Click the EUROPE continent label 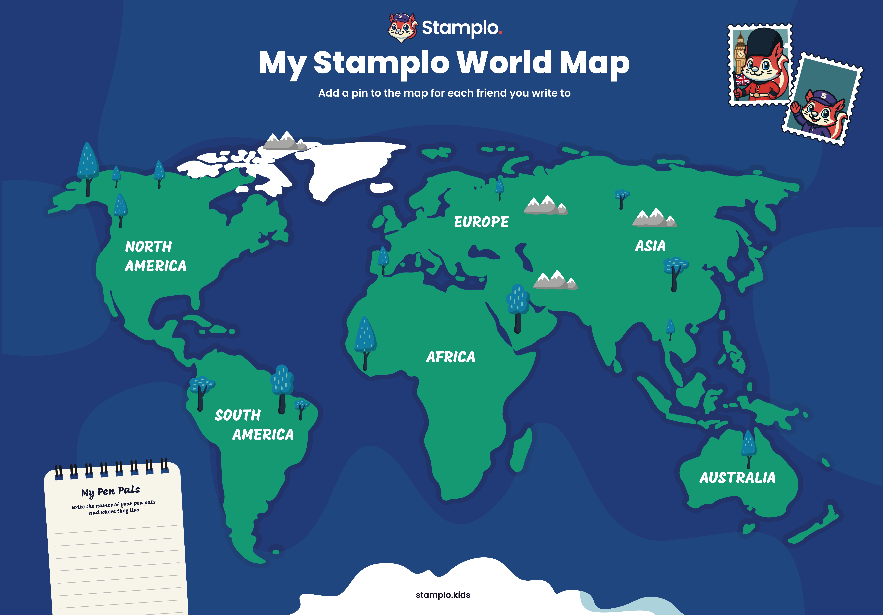(481, 222)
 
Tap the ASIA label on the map (650, 246)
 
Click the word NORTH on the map (148, 246)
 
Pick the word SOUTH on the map (238, 415)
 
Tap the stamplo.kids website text (443, 595)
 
